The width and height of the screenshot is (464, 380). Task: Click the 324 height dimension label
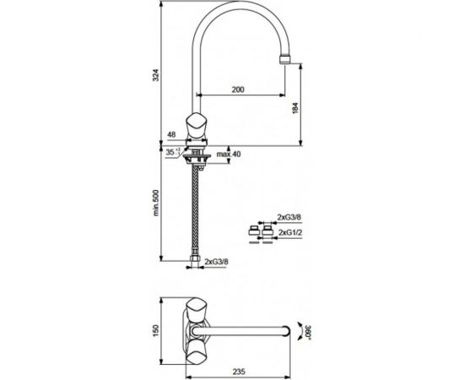[156, 75]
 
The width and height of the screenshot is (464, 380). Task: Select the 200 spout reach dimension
[238, 90]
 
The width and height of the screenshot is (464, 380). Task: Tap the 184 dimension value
[295, 109]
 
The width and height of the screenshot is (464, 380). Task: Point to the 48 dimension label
[171, 135]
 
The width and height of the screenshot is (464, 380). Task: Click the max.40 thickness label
[229, 154]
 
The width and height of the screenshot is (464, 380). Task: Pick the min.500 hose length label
[156, 203]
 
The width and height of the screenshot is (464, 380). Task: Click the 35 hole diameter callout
[172, 152]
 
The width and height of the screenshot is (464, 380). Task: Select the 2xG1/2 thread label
[290, 232]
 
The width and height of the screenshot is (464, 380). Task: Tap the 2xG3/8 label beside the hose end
[216, 262]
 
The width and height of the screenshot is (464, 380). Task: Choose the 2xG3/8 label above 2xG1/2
[289, 217]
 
